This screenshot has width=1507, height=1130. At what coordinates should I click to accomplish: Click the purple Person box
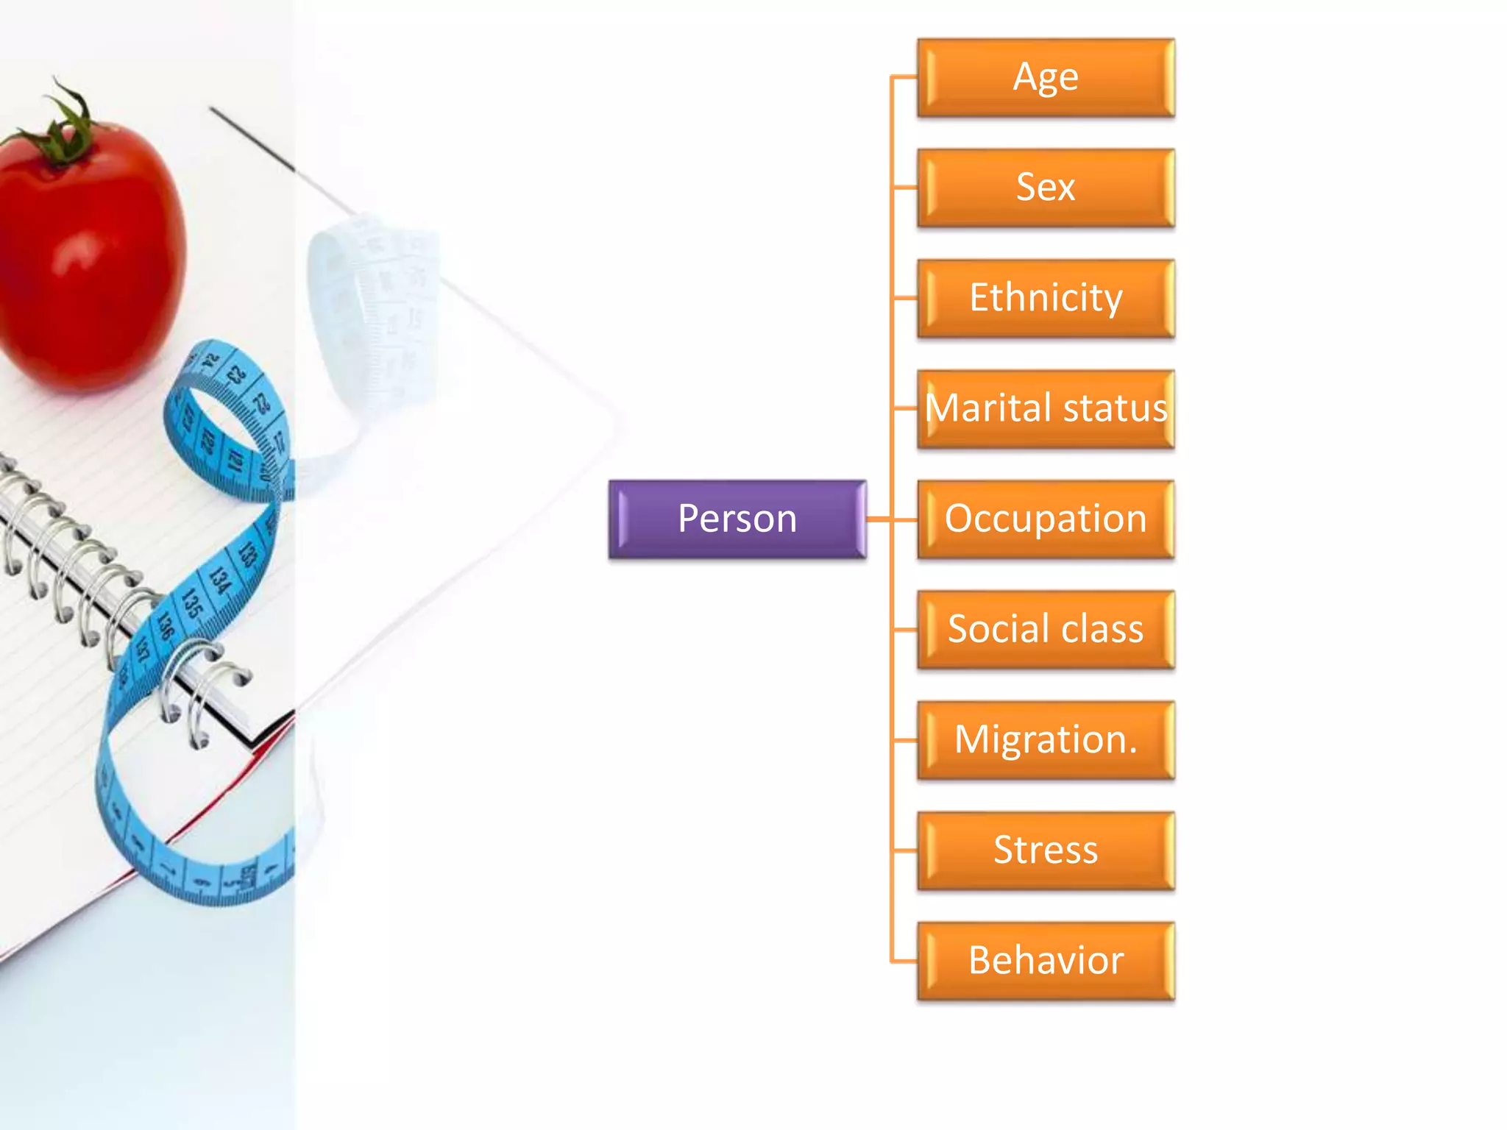737,519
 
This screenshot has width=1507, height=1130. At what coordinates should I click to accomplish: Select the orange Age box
1046,78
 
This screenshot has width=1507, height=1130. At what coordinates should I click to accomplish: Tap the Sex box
1046,188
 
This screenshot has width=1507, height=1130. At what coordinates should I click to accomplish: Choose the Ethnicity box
1046,299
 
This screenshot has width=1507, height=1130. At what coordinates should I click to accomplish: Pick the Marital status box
1046,409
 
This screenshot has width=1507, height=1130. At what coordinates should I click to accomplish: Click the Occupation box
1046,519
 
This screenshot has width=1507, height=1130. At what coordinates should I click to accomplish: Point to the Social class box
1046,630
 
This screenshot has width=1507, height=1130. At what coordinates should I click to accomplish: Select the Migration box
1046,740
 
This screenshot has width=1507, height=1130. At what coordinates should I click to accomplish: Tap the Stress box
1046,850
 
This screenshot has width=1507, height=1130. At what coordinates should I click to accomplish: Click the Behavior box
1046,961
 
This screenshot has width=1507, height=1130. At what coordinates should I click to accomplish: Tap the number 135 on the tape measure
193,603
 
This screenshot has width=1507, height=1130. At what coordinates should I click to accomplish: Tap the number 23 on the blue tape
235,375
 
